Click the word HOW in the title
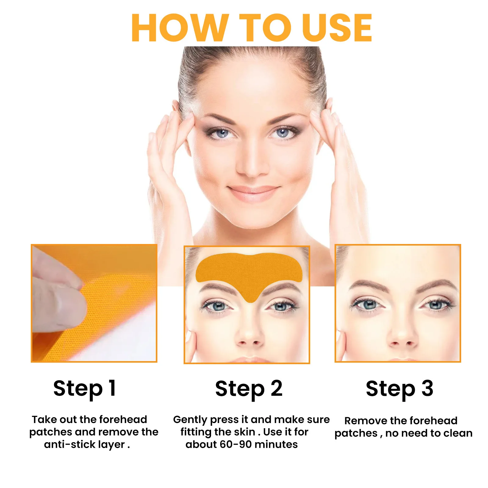180,28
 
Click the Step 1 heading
84,388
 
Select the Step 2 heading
249,388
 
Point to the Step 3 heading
400,388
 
